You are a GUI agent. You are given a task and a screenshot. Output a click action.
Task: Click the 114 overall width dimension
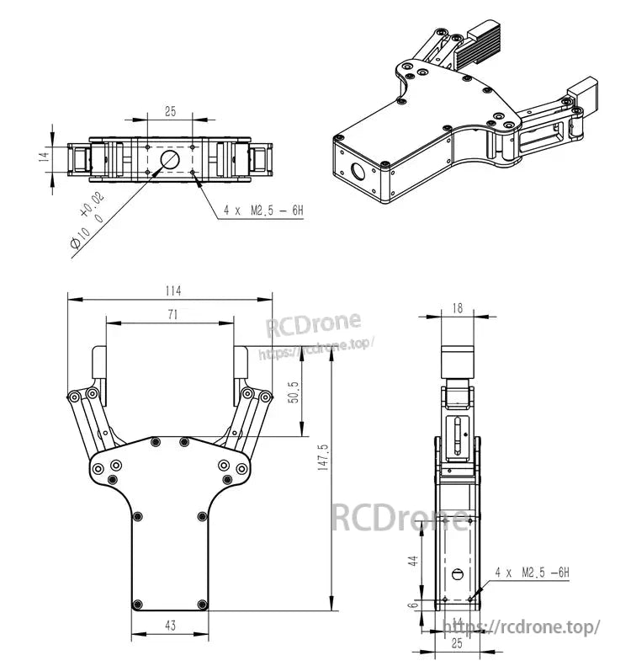pos(172,291)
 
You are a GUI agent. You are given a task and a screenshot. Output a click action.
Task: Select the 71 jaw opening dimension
pos(172,315)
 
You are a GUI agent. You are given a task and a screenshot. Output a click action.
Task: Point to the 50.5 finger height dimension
pos(294,391)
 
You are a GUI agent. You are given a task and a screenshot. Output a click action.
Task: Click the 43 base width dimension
pos(170,626)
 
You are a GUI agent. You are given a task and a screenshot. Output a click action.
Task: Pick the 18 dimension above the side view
pos(457,308)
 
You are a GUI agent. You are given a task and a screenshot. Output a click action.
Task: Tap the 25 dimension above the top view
pos(170,111)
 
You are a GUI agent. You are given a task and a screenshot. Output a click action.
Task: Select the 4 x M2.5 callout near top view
pos(262,210)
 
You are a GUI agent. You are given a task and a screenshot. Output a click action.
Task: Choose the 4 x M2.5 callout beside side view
pos(532,573)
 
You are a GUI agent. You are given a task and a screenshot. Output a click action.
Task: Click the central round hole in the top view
pos(170,159)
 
